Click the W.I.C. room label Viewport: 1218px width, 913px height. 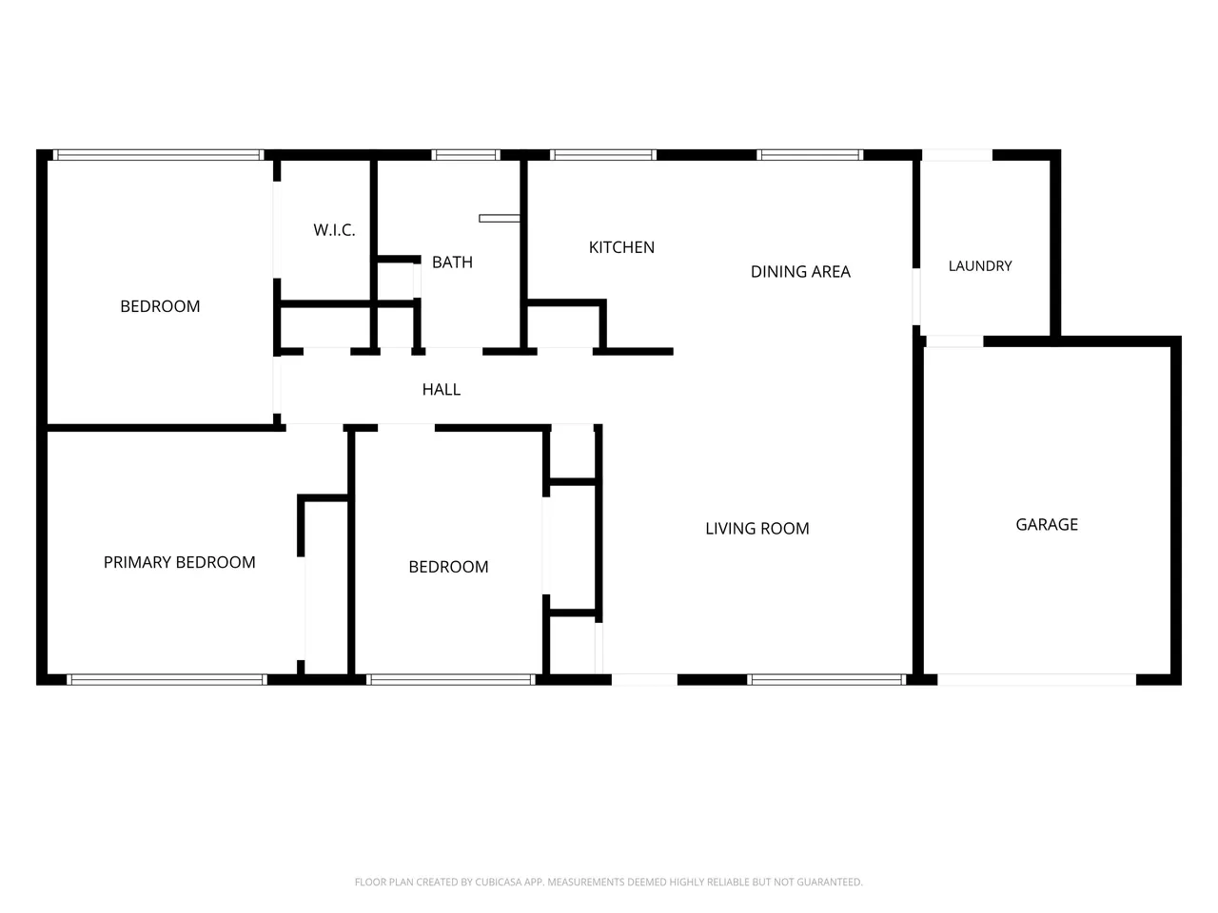tap(334, 230)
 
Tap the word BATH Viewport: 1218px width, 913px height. tap(452, 262)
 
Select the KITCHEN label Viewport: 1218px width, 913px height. tap(621, 247)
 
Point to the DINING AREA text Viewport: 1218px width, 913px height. tap(800, 272)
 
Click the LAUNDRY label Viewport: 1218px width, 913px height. tap(980, 266)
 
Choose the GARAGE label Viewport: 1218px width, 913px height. tap(1047, 524)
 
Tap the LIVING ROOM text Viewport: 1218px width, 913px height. tap(756, 528)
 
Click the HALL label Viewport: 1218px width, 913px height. tap(442, 390)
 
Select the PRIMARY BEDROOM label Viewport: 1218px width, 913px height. tap(179, 562)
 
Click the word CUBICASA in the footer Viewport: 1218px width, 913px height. tap(496, 882)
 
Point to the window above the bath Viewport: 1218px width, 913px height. tap(465, 155)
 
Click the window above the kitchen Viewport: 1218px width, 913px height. tap(603, 155)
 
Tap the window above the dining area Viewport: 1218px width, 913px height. tap(810, 155)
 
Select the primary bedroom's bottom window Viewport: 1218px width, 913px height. tap(167, 680)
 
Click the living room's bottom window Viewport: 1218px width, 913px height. tap(826, 680)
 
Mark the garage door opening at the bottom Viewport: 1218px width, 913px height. tap(1036, 680)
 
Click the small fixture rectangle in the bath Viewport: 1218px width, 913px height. tap(500, 219)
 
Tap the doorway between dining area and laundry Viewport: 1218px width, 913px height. tap(916, 297)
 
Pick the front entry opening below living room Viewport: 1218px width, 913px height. tap(644, 680)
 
